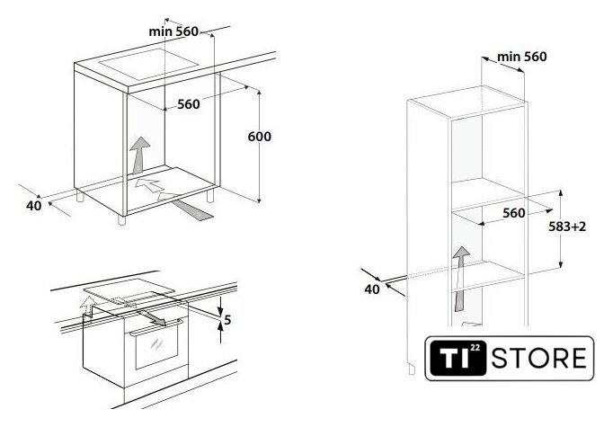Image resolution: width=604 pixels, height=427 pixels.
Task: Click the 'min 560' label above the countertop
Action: (173, 31)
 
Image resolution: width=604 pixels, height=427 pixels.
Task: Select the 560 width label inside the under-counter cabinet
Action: (189, 104)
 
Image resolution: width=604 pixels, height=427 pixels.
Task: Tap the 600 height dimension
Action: (259, 137)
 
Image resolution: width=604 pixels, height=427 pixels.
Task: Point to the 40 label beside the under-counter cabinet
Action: (33, 206)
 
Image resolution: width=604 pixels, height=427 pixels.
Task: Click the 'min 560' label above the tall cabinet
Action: (521, 57)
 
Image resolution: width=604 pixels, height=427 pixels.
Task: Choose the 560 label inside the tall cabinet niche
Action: (514, 213)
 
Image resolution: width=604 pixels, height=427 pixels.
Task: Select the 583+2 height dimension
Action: (567, 227)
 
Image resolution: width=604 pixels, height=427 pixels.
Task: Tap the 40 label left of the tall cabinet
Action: (372, 289)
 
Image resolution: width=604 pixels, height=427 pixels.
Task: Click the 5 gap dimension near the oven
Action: (227, 319)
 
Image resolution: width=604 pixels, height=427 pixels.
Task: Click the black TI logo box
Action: (458, 358)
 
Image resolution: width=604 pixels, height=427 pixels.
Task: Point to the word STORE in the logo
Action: (539, 358)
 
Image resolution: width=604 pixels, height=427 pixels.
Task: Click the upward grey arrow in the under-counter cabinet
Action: (140, 155)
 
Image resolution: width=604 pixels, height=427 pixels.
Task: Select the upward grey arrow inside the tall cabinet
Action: (459, 279)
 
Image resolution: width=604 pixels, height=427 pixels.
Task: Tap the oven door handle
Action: (155, 327)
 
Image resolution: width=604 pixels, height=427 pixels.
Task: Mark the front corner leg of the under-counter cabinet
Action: (121, 220)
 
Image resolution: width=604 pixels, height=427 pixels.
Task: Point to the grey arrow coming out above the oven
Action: (151, 317)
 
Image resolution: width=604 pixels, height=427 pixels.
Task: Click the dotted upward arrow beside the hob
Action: (88, 307)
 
